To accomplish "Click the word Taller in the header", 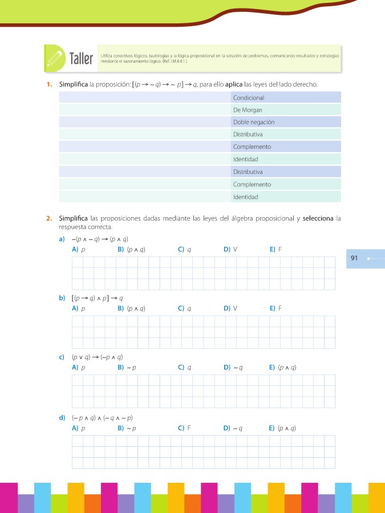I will tap(80, 59).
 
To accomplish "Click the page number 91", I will tap(354, 258).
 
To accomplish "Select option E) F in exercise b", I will tap(275, 308).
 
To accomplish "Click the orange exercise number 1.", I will tap(50, 85).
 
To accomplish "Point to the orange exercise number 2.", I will tap(50, 218).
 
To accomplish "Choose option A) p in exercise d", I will tap(79, 427).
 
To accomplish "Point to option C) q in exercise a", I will tap(184, 249).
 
